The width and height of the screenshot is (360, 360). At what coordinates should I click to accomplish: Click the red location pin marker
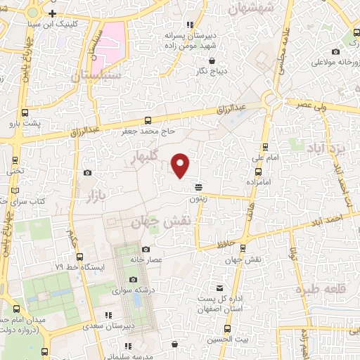click(x=181, y=165)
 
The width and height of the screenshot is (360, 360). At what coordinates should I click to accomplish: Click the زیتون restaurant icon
click(x=199, y=186)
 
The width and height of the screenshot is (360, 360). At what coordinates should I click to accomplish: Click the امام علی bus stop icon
click(x=264, y=146)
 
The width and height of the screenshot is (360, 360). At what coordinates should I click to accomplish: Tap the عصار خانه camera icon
click(x=146, y=249)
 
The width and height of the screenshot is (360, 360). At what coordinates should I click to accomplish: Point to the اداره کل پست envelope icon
click(x=221, y=288)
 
